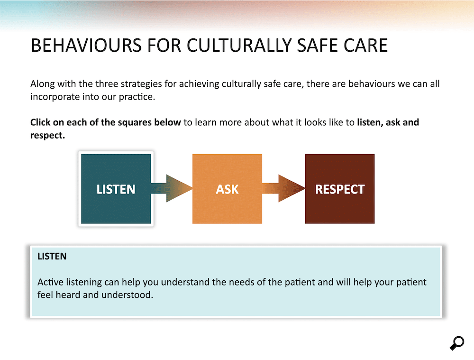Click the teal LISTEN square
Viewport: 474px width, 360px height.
116,189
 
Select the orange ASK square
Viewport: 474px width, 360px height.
228,189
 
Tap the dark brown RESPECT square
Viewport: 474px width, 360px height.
340,189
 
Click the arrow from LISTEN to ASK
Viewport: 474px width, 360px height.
172,188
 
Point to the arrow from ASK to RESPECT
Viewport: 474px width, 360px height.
283,188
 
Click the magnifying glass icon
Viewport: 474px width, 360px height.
457,343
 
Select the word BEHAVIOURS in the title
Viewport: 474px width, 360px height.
86,46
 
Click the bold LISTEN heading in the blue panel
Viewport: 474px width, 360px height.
52,256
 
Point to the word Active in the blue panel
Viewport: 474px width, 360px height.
51,282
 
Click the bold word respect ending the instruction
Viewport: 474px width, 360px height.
47,136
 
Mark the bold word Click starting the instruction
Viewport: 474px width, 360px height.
40,122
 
